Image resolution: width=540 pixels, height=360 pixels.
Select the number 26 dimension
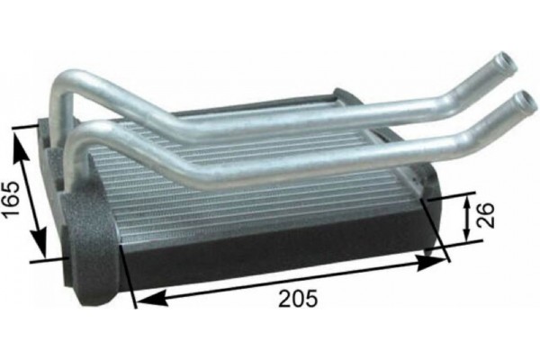(487, 214)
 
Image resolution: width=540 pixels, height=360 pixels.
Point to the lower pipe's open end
(523, 98)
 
